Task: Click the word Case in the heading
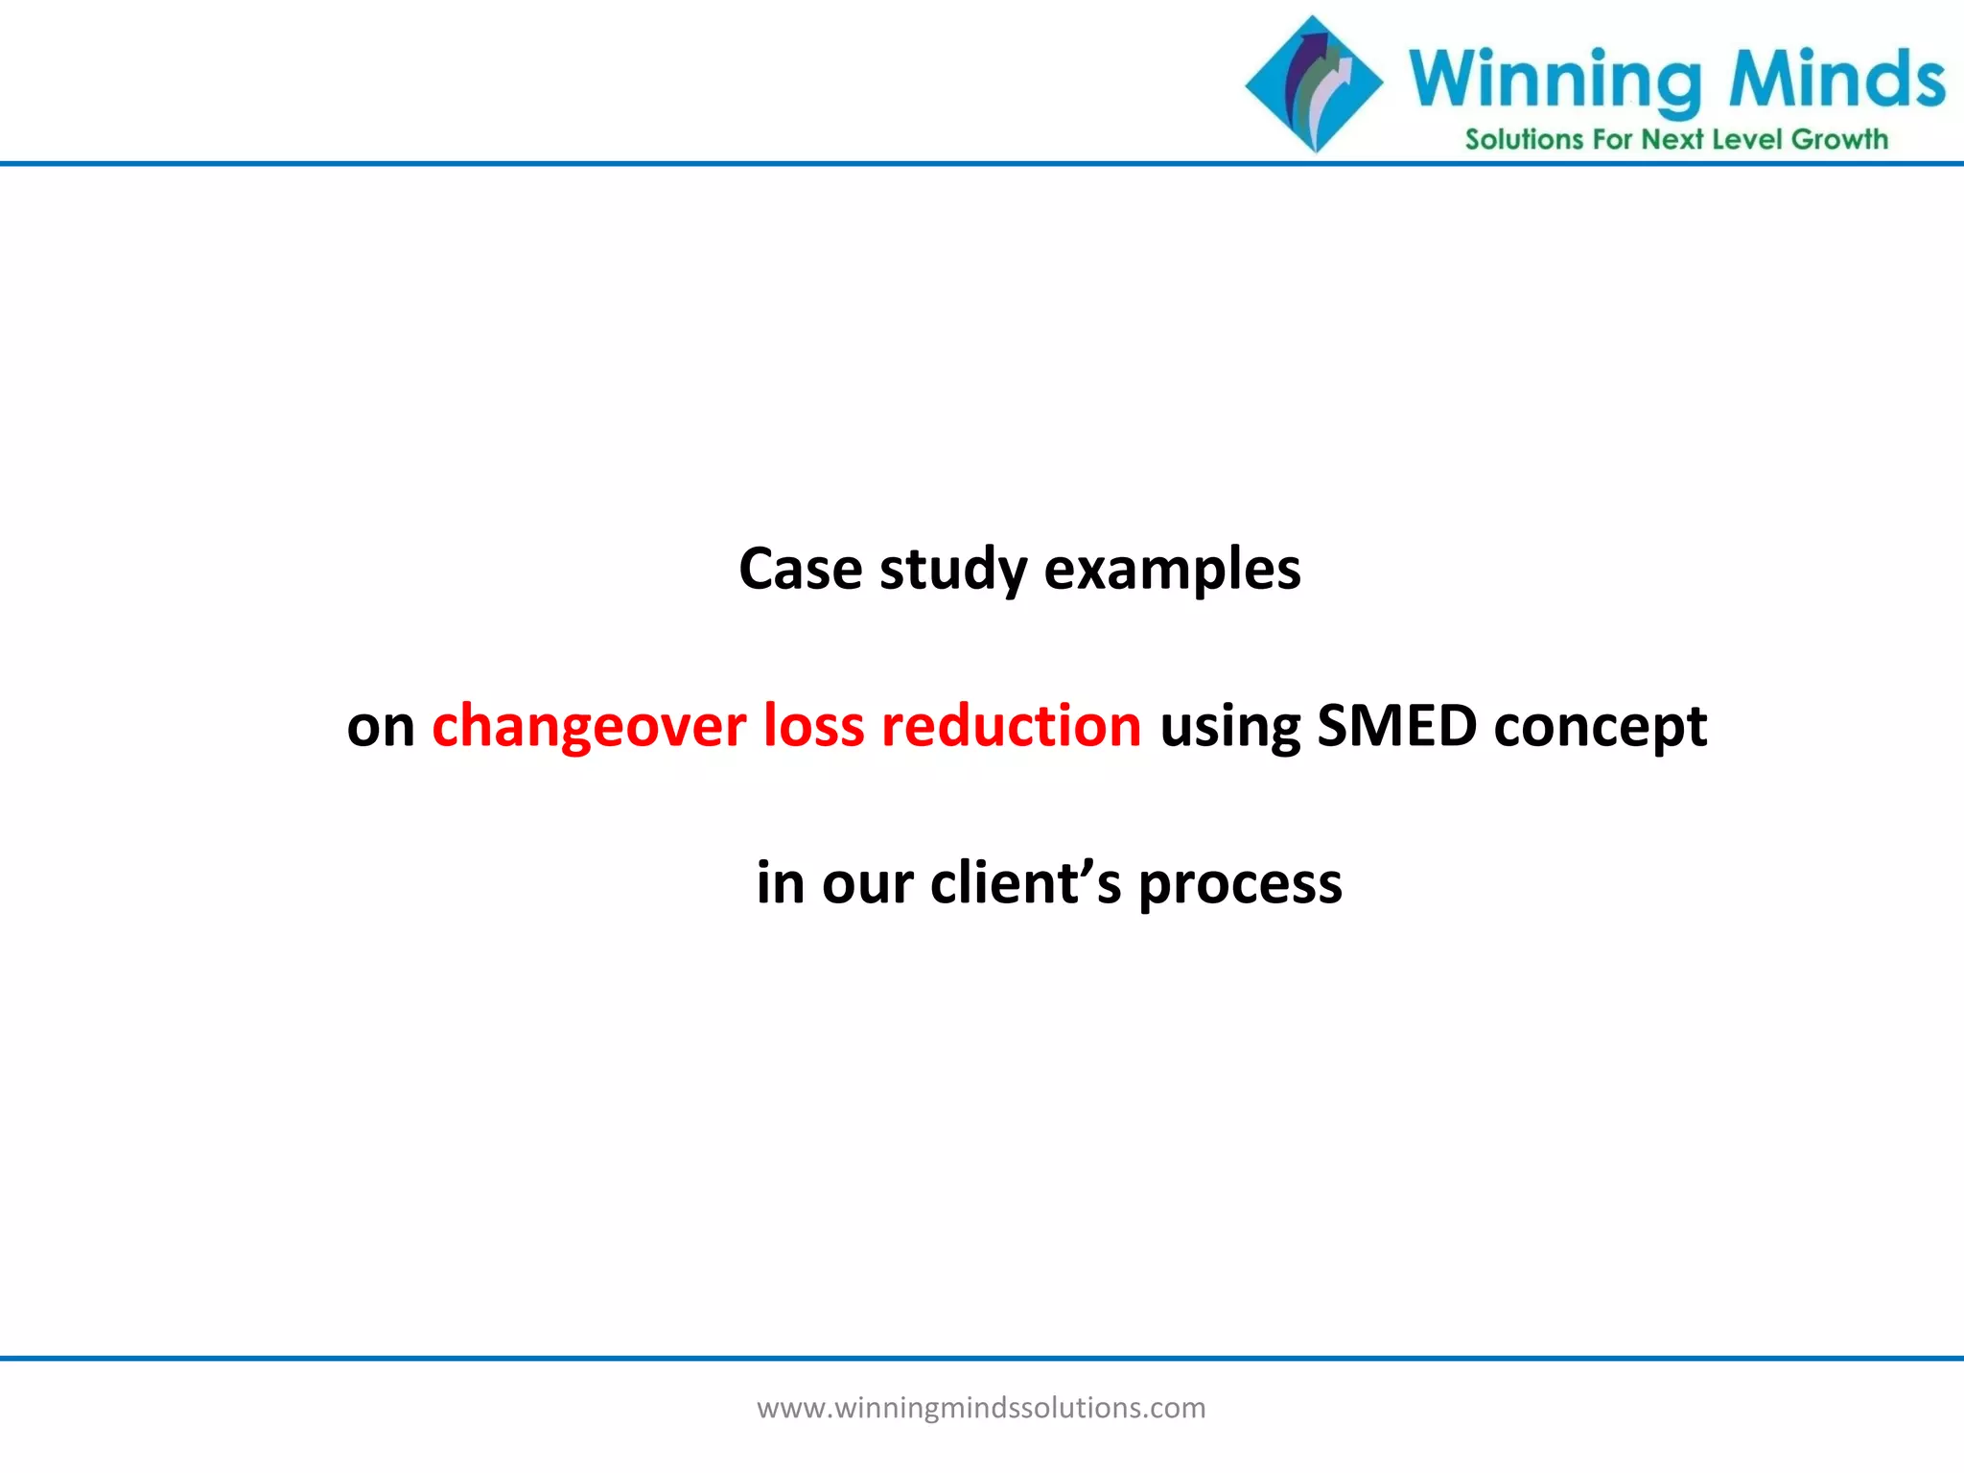click(x=800, y=569)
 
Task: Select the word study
click(x=952, y=571)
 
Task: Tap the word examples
click(x=1172, y=571)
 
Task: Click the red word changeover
click(x=589, y=726)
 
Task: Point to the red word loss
click(x=813, y=726)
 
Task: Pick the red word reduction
click(x=1012, y=726)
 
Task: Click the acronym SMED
click(x=1396, y=726)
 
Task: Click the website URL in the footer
click(x=981, y=1408)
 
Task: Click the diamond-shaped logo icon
click(x=1314, y=84)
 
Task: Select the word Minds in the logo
click(x=1835, y=79)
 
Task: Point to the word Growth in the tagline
click(x=1839, y=140)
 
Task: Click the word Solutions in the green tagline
click(x=1523, y=140)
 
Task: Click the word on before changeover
click(x=380, y=727)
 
